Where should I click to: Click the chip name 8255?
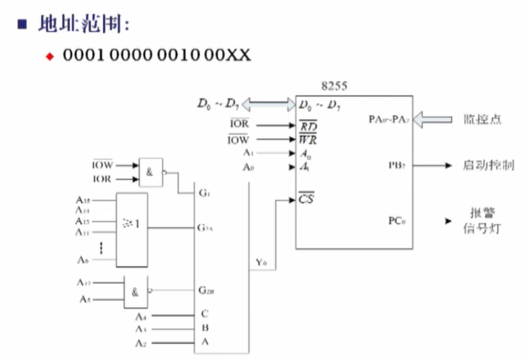point(334,86)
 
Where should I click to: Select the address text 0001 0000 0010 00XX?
point(157,55)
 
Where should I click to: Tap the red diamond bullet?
point(49,56)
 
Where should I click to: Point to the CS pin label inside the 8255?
point(306,196)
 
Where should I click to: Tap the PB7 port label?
point(396,166)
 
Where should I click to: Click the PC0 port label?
point(396,220)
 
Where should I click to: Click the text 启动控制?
point(488,166)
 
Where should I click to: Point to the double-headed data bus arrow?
point(268,104)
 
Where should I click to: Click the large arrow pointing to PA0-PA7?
point(432,119)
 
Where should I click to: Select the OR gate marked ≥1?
point(132,229)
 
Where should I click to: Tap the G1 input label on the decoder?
point(203,193)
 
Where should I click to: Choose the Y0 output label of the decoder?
point(261,263)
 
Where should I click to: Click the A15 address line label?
point(83,199)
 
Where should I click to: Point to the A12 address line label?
point(83,283)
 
